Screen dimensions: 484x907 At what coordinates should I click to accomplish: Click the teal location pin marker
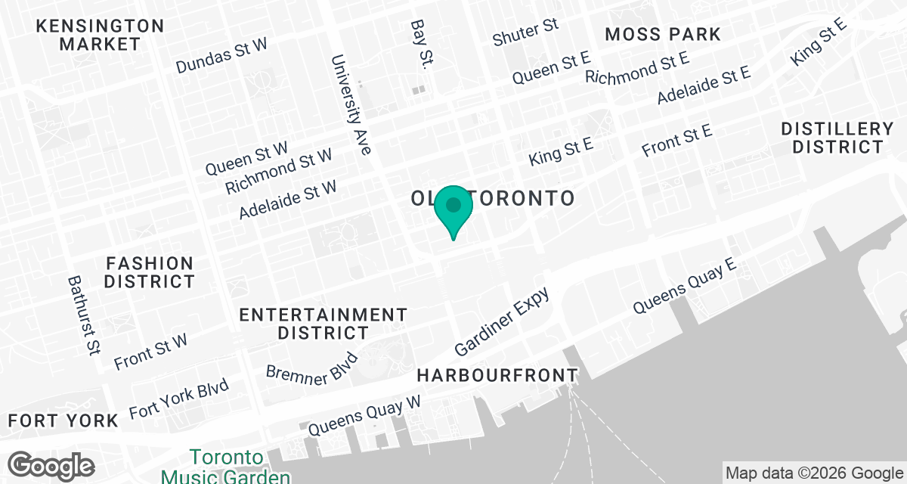click(453, 209)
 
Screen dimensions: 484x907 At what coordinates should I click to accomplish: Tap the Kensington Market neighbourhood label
click(100, 35)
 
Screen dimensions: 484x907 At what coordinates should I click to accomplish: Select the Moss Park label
click(663, 34)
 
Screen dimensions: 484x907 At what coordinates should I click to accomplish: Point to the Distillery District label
click(837, 138)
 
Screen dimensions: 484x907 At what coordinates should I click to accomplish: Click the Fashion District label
click(150, 272)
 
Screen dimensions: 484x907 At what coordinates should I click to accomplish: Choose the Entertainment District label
click(323, 323)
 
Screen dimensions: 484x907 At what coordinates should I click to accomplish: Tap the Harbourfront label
click(497, 375)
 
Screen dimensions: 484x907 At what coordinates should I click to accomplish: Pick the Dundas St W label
click(221, 56)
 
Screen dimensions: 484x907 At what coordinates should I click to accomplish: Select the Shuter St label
click(525, 33)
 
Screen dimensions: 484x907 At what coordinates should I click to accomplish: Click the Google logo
click(51, 464)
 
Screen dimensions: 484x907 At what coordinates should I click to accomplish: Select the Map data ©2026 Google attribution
click(813, 473)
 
